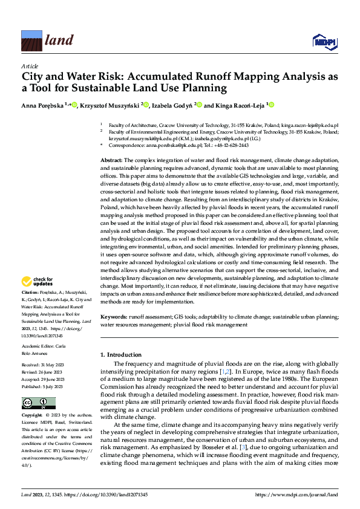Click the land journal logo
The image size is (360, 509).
47,40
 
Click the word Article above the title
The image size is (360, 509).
30,66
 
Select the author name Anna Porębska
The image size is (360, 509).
44,105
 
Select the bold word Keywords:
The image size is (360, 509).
114,317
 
